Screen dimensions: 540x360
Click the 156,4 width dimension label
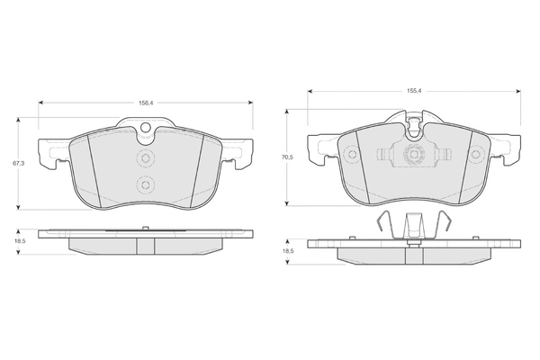146,103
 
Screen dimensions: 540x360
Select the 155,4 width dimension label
414,91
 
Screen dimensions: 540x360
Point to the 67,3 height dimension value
18,163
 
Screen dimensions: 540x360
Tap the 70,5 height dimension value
287,157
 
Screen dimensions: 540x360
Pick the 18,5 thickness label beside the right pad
288,251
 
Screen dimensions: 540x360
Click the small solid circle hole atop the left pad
146,128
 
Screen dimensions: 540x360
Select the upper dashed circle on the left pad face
145,158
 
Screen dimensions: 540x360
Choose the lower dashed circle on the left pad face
145,185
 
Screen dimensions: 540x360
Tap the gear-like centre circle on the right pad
414,154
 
